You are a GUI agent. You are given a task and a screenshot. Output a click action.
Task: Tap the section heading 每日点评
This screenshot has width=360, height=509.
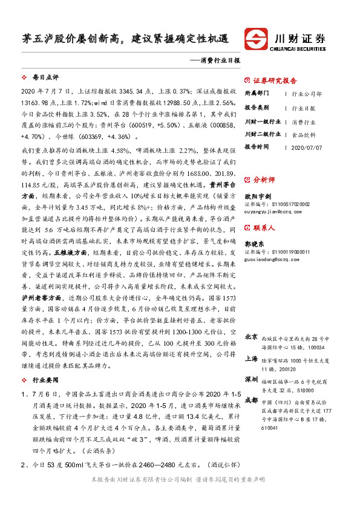(45, 78)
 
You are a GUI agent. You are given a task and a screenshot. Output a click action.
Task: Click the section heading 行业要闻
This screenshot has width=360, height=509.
(45, 380)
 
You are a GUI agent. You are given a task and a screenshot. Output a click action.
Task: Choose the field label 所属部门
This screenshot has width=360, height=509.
(258, 94)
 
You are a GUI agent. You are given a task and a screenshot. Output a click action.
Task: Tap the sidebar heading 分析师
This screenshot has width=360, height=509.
(264, 180)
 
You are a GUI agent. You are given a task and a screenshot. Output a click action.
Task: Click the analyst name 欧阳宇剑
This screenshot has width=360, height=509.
(257, 196)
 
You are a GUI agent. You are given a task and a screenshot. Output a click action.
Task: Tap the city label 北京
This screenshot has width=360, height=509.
(251, 336)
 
